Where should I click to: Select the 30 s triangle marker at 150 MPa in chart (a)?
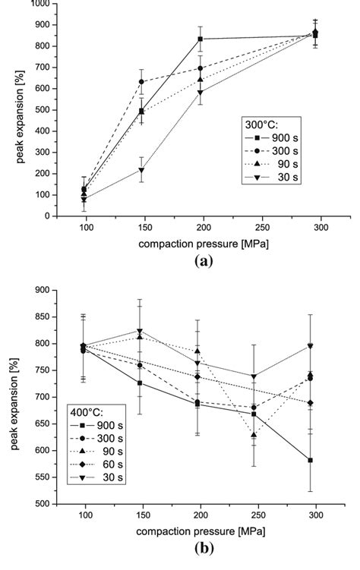[x=119, y=170]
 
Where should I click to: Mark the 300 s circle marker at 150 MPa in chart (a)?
[x=119, y=82]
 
